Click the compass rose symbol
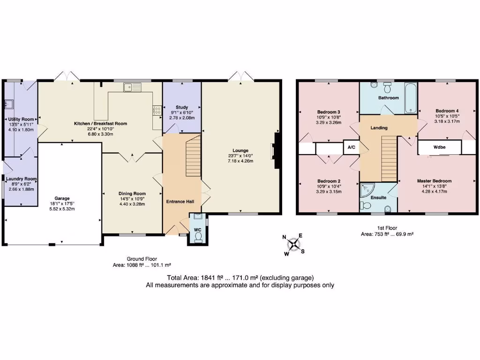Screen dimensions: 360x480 coord(294,244)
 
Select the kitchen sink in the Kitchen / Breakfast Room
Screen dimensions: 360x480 coord(132,87)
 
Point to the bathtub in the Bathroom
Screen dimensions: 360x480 coord(411,98)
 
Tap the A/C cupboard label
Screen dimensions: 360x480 coord(351,147)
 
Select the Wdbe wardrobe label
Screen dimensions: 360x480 coord(439,147)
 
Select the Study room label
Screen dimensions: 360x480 coord(181,107)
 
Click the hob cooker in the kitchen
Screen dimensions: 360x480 coord(157,110)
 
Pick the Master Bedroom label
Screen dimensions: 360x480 coord(435,181)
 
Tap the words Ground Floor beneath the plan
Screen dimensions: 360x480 coord(142,259)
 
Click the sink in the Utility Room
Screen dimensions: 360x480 coord(8,104)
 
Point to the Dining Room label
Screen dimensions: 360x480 coord(132,193)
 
